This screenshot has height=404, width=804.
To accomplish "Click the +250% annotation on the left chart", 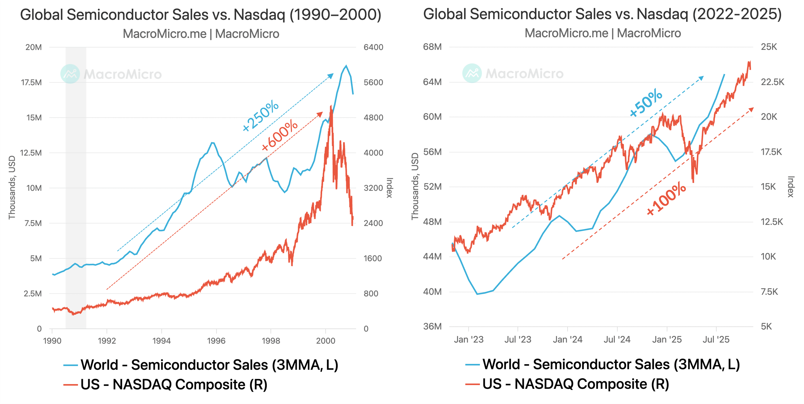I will (x=261, y=116).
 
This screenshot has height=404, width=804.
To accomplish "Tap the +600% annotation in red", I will (x=280, y=135).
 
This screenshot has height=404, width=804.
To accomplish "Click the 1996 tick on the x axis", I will (x=216, y=341).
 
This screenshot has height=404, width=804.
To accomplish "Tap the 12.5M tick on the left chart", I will (x=31, y=153).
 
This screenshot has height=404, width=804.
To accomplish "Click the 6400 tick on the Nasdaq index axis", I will (x=373, y=47).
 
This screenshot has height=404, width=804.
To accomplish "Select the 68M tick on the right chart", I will (x=432, y=47).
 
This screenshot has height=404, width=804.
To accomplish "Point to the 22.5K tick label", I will (x=772, y=82).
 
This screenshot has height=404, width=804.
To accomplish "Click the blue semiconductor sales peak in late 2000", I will (x=346, y=66).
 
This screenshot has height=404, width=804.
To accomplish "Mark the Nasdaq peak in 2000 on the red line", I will (x=331, y=106).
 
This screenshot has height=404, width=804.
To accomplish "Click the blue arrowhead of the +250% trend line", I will (x=331, y=76).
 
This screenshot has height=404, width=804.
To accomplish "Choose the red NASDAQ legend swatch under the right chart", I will (x=472, y=384).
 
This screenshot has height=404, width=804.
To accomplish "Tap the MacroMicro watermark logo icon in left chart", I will (x=70, y=74).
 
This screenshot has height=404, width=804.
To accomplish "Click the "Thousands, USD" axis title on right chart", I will (x=415, y=187).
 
